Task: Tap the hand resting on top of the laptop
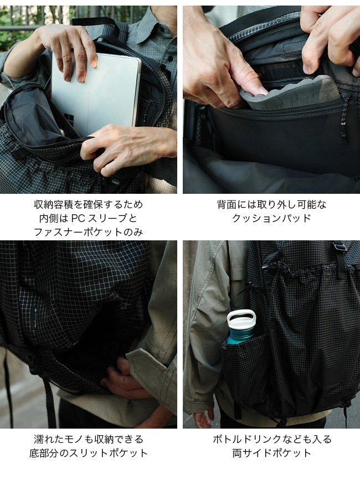66,47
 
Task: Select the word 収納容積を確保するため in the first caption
88,205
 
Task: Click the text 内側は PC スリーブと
88,218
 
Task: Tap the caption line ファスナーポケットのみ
88,232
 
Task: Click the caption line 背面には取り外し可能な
271,205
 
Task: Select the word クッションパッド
271,218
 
